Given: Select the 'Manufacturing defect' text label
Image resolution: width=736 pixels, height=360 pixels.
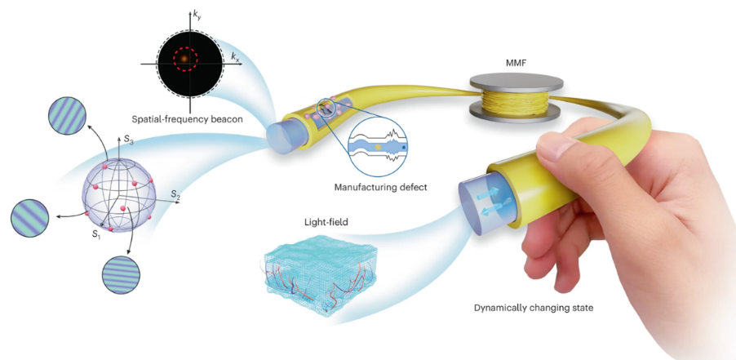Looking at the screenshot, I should (x=380, y=188).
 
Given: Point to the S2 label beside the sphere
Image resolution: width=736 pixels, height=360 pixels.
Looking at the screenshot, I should (x=175, y=193).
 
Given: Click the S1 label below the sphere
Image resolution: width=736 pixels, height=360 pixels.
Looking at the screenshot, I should (x=95, y=234).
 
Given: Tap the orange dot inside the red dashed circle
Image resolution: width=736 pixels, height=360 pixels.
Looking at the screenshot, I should (x=184, y=58).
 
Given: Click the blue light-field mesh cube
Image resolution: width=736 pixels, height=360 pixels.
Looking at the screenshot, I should (x=319, y=273).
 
